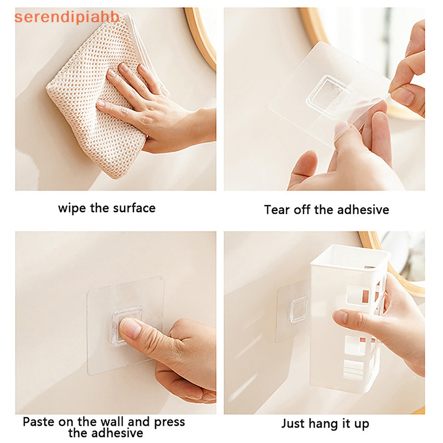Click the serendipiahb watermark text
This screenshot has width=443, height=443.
point(67,17)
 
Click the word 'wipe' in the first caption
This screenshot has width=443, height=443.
point(72,209)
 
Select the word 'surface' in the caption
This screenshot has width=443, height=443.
point(134,208)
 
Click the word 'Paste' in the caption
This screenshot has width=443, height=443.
point(38,422)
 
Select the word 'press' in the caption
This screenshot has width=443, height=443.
point(169,423)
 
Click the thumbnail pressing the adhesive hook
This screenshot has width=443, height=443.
point(130,328)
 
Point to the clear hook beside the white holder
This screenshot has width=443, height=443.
point(299,309)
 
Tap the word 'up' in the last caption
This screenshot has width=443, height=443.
point(362,425)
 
